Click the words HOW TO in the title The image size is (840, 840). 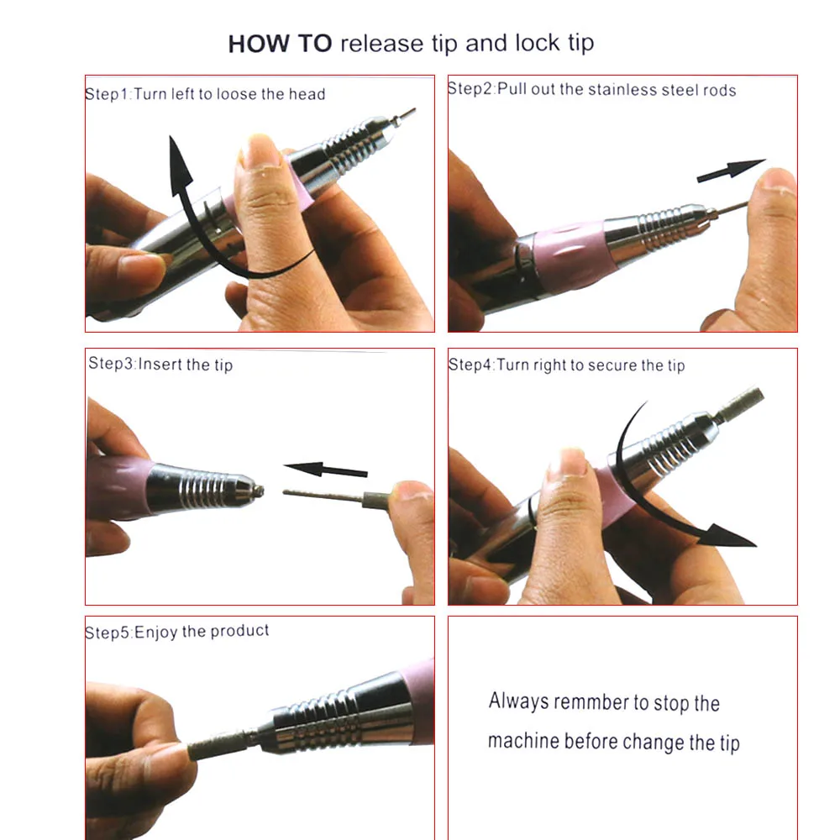point(281,44)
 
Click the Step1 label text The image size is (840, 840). point(108,94)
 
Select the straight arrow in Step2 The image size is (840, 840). point(732,170)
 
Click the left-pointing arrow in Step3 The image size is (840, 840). point(326,470)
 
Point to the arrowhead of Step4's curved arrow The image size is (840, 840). point(730,536)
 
